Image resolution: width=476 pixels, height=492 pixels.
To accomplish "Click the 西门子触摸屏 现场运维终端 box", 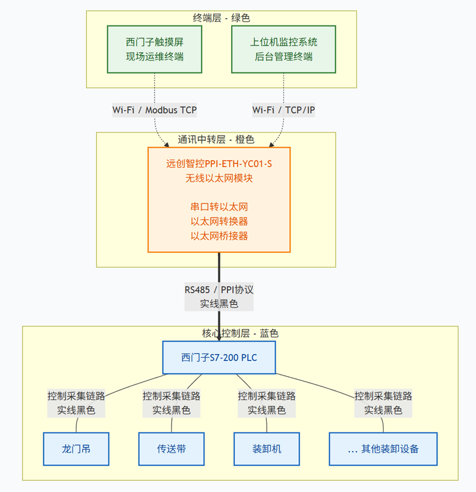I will [154, 49].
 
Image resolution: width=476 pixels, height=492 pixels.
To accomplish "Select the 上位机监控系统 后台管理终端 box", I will [284, 49].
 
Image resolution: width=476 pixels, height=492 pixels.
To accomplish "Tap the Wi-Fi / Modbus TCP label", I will [155, 110].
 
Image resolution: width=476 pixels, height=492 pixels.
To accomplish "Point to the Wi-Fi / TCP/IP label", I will [284, 110].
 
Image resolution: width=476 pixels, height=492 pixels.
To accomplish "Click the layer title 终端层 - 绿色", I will [221, 18].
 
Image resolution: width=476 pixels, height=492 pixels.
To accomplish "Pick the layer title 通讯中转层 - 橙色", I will [216, 140].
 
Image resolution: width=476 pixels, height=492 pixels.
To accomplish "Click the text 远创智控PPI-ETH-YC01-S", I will [219, 163].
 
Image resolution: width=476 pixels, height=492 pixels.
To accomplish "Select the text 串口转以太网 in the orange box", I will [219, 207].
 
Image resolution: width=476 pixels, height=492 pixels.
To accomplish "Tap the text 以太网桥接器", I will [219, 236].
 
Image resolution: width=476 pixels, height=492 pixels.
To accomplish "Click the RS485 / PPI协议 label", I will [219, 290].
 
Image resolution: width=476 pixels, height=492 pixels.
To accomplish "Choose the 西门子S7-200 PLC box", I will [219, 357].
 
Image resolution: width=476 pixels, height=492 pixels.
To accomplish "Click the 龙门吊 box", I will [76, 449].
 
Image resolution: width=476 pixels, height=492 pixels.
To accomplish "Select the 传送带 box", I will [171, 449].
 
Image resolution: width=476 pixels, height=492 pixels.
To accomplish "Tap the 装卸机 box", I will [266, 449].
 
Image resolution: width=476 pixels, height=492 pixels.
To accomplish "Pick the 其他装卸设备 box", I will [384, 449].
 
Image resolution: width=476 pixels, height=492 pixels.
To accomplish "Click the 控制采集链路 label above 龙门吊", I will [76, 396].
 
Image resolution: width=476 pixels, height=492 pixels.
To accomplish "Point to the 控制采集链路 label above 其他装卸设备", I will [384, 396].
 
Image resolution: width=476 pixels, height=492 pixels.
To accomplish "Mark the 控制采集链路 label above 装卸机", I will [266, 396].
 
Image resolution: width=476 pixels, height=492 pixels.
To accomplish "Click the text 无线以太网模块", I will [219, 178].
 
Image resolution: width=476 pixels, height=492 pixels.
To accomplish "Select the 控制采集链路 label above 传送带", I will [171, 396].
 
